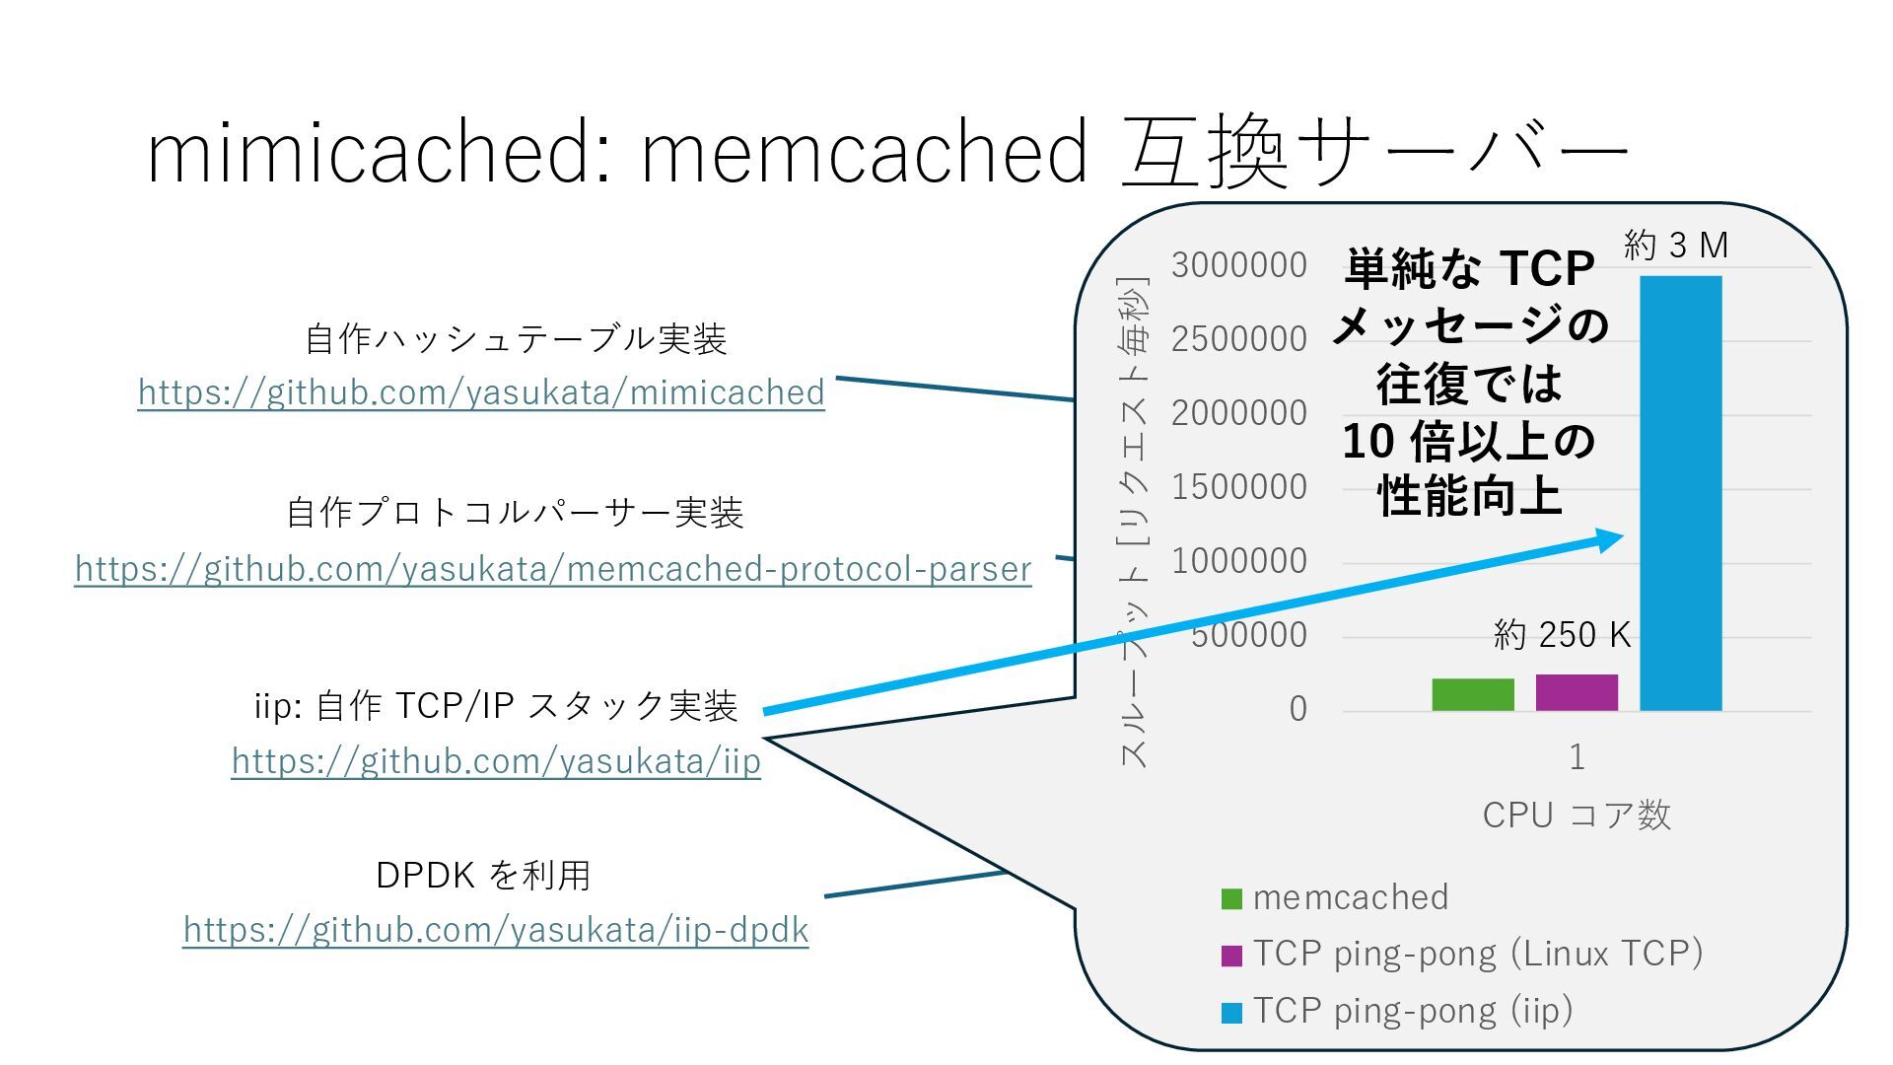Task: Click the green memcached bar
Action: (x=1473, y=694)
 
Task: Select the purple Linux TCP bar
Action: (x=1577, y=692)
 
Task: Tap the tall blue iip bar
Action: (x=1680, y=493)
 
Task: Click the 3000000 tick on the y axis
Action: (x=1239, y=265)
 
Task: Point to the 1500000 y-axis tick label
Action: (x=1239, y=487)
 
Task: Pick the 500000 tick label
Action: (x=1248, y=635)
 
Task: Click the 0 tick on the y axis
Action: (x=1297, y=709)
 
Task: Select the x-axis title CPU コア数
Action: (x=1577, y=816)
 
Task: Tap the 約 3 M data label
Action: (x=1676, y=245)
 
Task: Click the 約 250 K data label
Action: (x=1562, y=635)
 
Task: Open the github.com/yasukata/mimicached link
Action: (x=481, y=392)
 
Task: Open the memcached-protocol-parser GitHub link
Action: (x=553, y=569)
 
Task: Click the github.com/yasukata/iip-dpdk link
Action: (x=496, y=930)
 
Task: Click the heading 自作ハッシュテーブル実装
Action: (x=516, y=339)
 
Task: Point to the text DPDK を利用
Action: (x=483, y=875)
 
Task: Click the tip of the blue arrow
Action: (x=1621, y=536)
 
